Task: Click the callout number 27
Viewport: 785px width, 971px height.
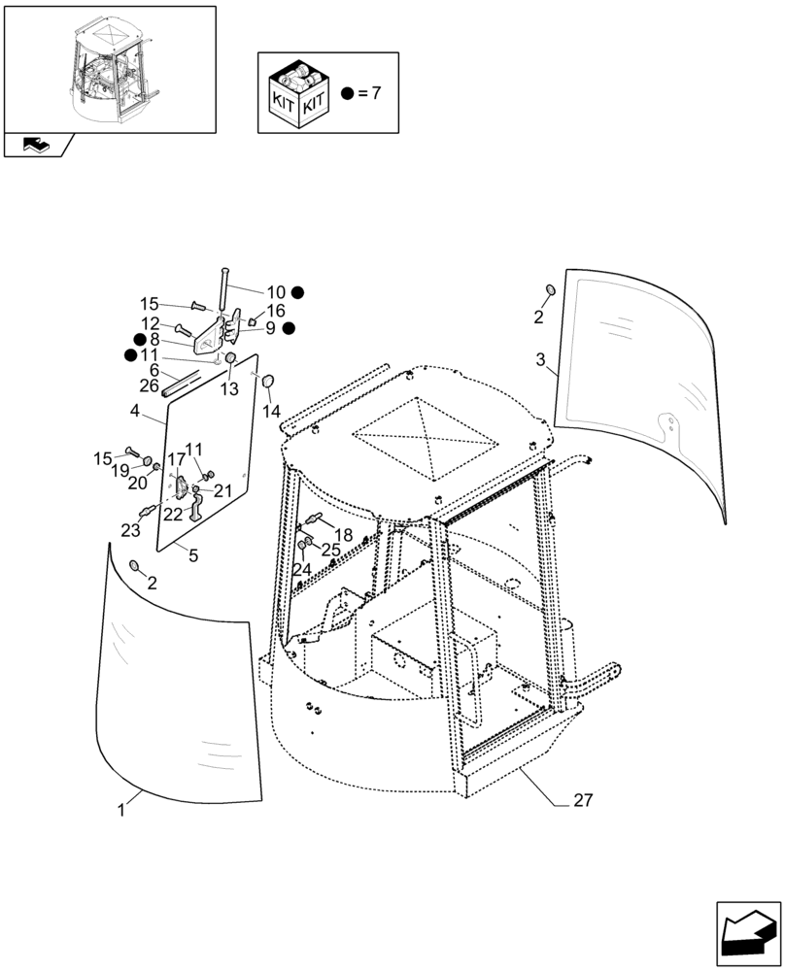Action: click(x=583, y=801)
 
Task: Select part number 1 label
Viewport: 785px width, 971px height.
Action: click(x=121, y=809)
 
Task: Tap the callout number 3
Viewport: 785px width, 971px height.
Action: click(x=540, y=360)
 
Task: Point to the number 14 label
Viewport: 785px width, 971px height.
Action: click(x=270, y=412)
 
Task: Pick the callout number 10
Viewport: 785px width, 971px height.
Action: click(x=275, y=291)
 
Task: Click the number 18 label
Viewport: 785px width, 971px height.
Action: click(x=343, y=535)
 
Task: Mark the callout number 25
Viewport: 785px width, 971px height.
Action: click(x=331, y=550)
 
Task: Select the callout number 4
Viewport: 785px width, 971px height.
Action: click(x=135, y=412)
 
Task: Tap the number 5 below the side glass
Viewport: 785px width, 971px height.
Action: click(x=191, y=555)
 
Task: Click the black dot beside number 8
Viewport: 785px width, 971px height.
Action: click(x=140, y=339)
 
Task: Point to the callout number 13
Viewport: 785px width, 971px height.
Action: click(x=228, y=388)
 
